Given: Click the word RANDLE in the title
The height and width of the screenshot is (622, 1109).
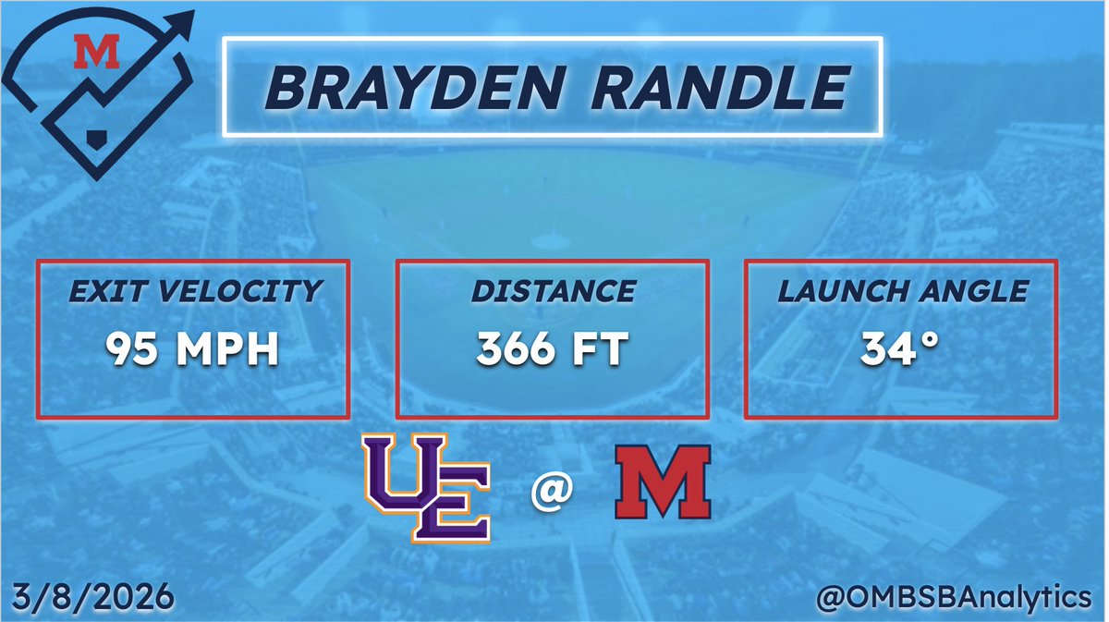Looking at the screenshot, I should [x=720, y=89].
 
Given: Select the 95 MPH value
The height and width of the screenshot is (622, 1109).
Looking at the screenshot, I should [x=192, y=350].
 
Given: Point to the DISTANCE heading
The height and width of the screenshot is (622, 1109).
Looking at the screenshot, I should [x=553, y=292].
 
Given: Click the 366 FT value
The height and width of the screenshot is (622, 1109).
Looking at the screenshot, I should [x=553, y=350].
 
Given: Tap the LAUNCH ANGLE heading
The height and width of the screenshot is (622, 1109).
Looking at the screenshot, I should [x=901, y=292].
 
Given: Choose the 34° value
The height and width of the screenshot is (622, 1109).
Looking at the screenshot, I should [x=901, y=350].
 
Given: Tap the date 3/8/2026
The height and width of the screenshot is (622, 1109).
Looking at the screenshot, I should [x=93, y=596].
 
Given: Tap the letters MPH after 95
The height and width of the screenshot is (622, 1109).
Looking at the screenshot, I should [x=230, y=350].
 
